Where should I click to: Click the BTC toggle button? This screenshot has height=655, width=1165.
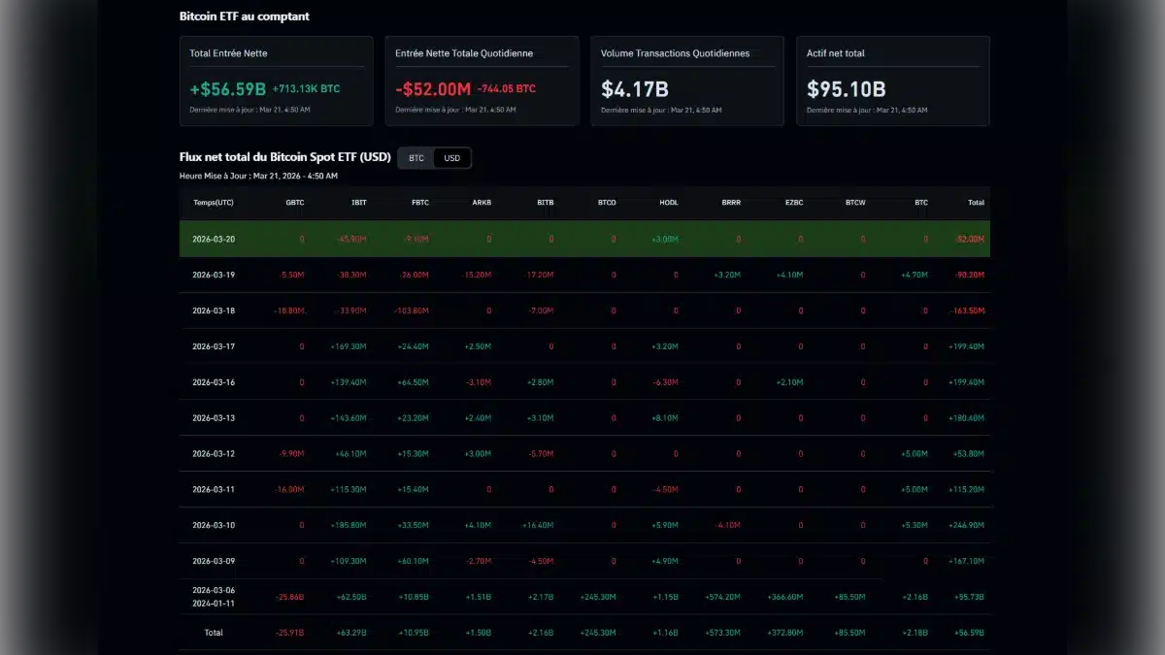(416, 158)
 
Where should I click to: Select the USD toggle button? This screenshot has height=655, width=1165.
(451, 158)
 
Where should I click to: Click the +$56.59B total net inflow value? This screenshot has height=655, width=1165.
(228, 89)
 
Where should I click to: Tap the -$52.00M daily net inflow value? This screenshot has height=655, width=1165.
(433, 89)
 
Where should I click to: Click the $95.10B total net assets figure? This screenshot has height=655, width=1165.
(846, 89)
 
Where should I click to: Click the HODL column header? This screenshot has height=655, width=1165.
(668, 203)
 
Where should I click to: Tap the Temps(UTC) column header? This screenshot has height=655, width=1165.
(214, 203)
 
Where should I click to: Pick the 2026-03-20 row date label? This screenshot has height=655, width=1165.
(214, 239)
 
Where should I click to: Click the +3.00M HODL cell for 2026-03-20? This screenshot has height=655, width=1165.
(664, 239)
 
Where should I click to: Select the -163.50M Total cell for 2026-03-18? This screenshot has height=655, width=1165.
(966, 311)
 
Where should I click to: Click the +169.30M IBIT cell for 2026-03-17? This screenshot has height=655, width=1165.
(348, 346)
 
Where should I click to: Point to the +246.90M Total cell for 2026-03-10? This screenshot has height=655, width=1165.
(966, 525)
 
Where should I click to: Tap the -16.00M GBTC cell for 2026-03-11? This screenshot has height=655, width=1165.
(289, 489)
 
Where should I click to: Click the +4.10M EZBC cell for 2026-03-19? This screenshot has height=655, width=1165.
(788, 275)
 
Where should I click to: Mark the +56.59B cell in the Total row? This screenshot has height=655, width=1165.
(968, 633)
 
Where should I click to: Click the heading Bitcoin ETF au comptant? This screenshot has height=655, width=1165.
(245, 16)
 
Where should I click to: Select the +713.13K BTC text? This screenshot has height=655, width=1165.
(306, 89)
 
